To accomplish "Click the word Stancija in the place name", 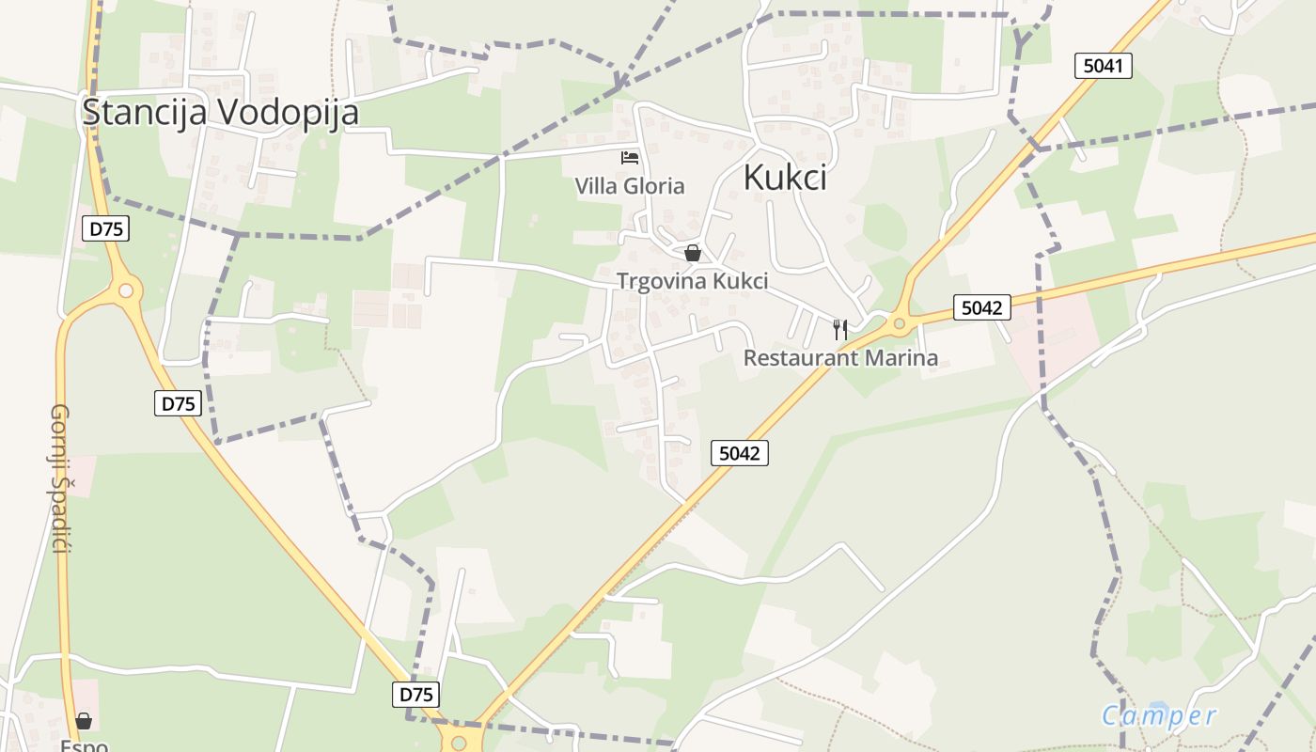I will pos(146,112).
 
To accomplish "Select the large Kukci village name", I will pos(785,177).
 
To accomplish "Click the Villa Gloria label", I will pos(630,186).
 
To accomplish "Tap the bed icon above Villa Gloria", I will pos(630,158).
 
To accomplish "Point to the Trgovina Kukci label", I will pos(692,281).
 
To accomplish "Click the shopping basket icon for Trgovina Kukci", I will pos(693,253).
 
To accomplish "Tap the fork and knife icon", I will pos(840,329).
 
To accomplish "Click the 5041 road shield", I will pos(1103,66).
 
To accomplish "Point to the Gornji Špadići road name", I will pos(60,478).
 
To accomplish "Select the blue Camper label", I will pos(1159,716).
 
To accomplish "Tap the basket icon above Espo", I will pos(84,721).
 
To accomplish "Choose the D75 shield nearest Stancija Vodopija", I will pos(105,228).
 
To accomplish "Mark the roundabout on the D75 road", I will pos(125,290).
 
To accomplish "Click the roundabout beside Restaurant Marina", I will pos(900,324).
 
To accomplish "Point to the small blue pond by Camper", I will pos(1159,708).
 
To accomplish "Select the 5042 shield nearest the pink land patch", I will pos(981,307).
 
